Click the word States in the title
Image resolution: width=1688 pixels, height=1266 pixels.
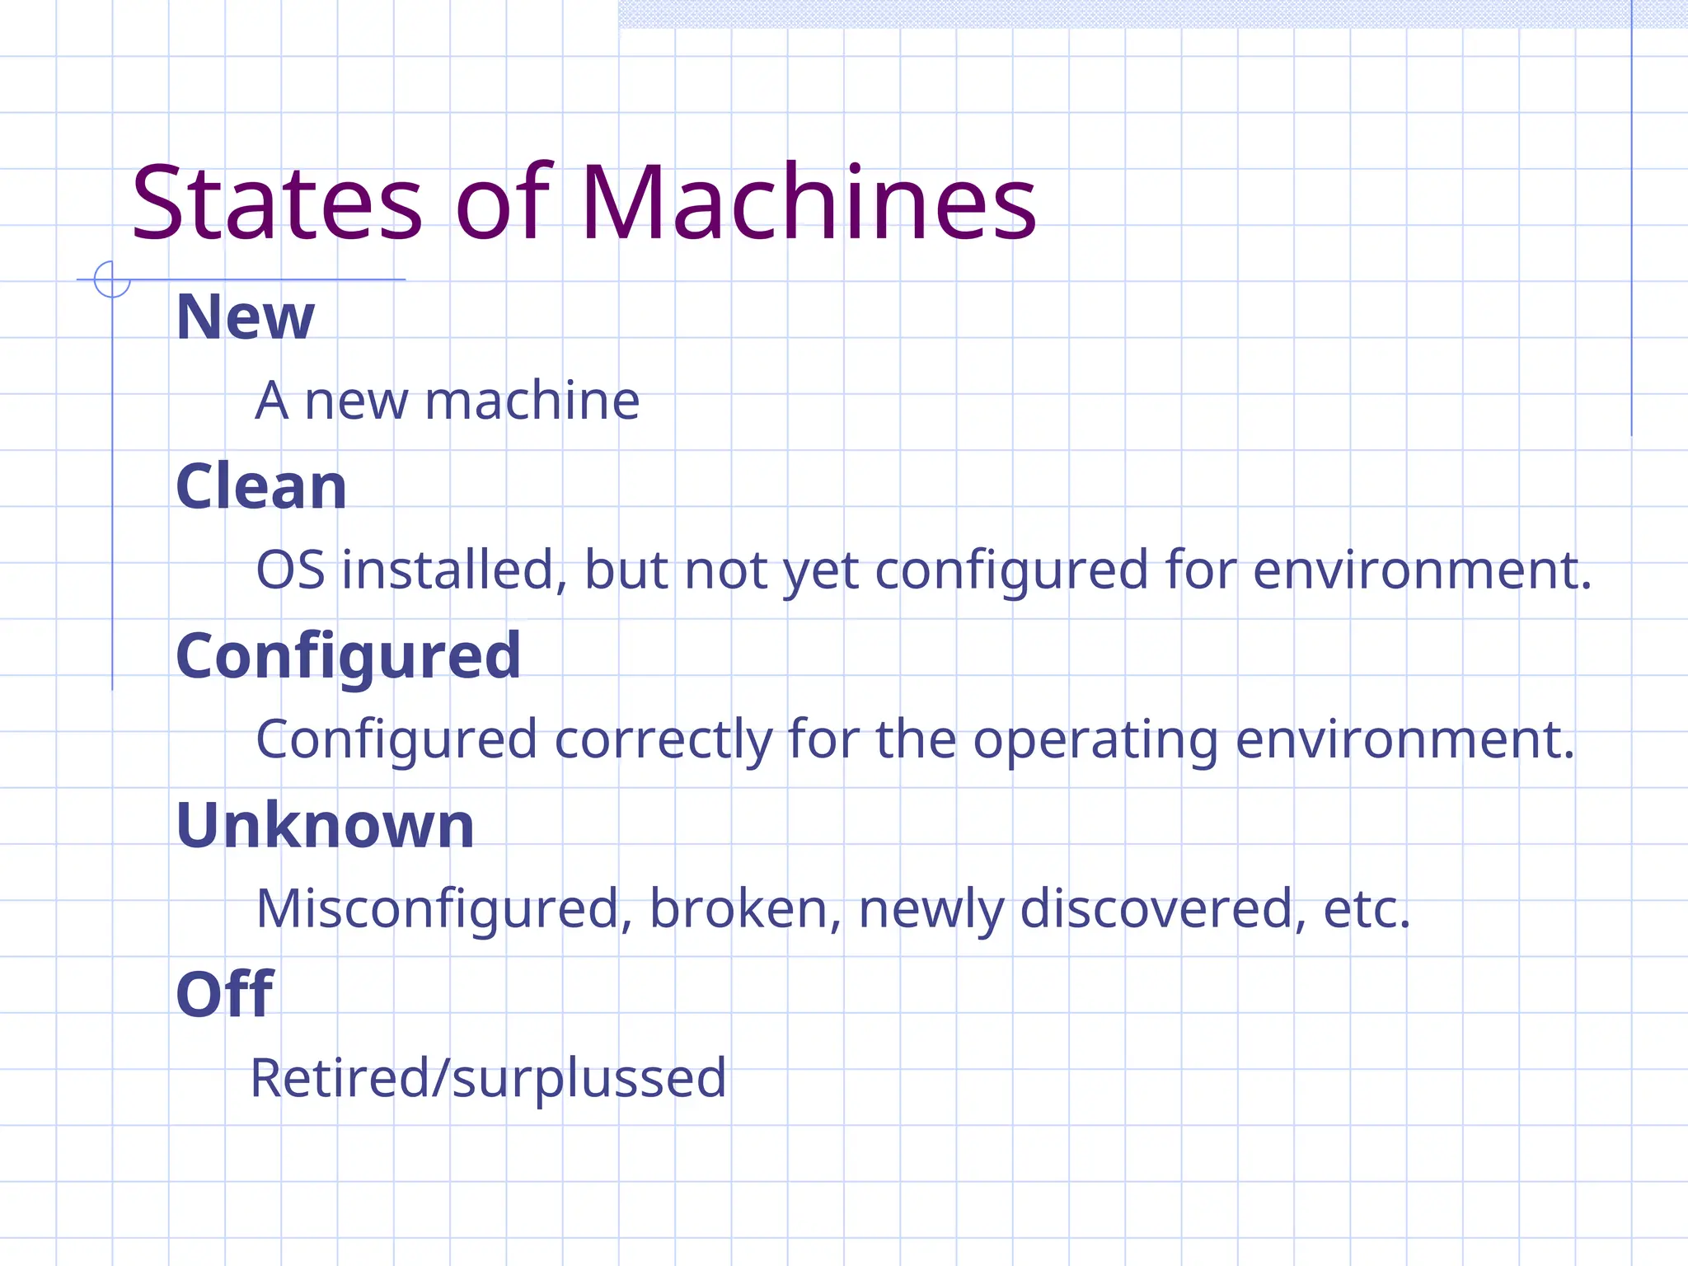(277, 204)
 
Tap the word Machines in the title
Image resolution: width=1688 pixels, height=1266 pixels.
(808, 204)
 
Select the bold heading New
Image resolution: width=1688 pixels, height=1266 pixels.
(245, 317)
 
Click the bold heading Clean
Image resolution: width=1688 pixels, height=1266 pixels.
(261, 486)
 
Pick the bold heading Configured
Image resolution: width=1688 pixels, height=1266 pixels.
(348, 657)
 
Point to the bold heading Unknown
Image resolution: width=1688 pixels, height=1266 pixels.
(325, 826)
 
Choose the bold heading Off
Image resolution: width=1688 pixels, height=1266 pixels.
(224, 995)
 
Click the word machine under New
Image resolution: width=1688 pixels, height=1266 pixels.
(532, 401)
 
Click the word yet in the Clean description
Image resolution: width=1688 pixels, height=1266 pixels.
(820, 572)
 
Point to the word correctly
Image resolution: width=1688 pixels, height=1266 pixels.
(663, 739)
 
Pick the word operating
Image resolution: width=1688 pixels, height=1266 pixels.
(1095, 741)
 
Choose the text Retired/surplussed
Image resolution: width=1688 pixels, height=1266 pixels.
(488, 1078)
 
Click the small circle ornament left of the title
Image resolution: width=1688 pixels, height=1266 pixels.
(112, 279)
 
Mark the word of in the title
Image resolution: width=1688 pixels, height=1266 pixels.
(503, 204)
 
